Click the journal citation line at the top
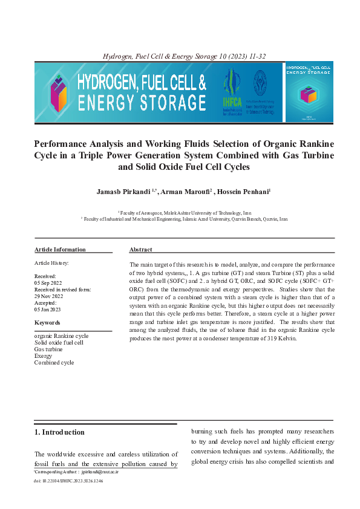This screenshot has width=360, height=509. click(185, 56)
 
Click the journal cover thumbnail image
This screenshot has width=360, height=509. click(309, 92)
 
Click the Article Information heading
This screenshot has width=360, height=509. click(60, 250)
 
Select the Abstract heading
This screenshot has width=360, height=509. click(140, 250)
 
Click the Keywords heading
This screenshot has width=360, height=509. click(47, 323)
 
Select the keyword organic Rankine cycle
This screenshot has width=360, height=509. click(61, 336)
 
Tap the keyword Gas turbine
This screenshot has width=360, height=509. click(48, 349)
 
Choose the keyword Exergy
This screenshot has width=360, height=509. click(43, 356)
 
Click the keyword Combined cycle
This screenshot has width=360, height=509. click(54, 363)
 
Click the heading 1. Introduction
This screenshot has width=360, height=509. click(59, 432)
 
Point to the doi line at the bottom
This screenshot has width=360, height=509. click(68, 481)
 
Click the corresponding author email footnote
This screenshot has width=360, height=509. click(76, 470)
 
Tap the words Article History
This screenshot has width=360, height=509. click(51, 263)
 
